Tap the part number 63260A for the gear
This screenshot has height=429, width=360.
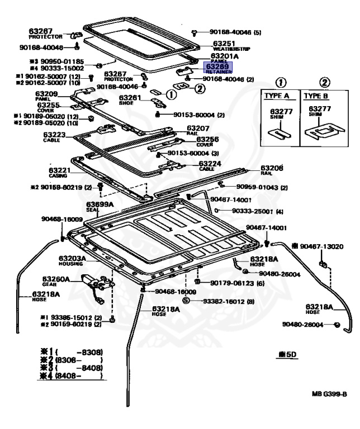[56, 279]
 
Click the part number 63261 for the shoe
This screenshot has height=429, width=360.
[130, 97]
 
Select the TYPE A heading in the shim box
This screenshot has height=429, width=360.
[276, 96]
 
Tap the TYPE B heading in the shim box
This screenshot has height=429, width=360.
[316, 96]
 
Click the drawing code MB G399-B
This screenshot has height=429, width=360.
[329, 394]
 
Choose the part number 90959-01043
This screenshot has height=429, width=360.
[262, 187]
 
